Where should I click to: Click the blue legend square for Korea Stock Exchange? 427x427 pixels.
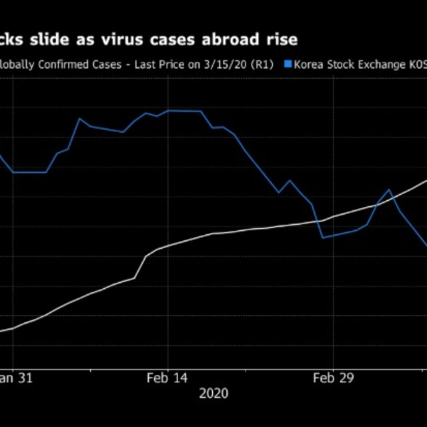coord(288,65)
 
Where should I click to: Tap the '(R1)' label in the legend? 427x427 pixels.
coord(262,65)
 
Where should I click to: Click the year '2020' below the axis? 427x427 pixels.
coord(213,393)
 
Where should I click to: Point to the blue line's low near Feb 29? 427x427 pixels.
coord(323,238)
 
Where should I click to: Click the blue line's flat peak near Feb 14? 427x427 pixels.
coord(183,111)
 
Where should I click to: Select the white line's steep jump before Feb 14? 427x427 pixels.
coord(141,266)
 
